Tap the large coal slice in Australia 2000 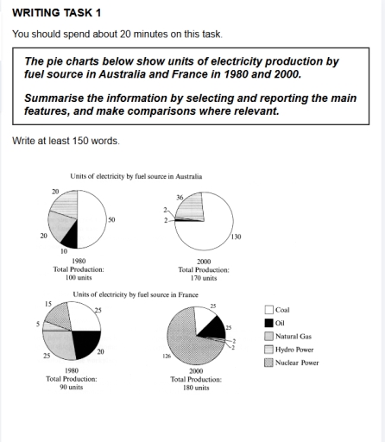pyautogui.click(x=207, y=226)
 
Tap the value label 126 pyautogui.click(x=154, y=355)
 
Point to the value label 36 pyautogui.click(x=180, y=196)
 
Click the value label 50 pyautogui.click(x=111, y=220)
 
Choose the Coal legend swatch pyautogui.click(x=268, y=309)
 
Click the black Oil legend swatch pyautogui.click(x=268, y=322)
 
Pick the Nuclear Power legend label pyautogui.click(x=296, y=363)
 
